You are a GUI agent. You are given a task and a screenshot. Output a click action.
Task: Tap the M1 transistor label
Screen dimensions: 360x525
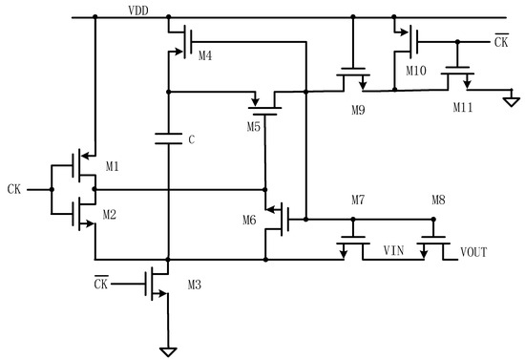113,166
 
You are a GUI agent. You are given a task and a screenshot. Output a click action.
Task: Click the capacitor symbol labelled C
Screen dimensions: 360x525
168,139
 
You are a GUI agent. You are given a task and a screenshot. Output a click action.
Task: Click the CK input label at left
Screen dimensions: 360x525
13,188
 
